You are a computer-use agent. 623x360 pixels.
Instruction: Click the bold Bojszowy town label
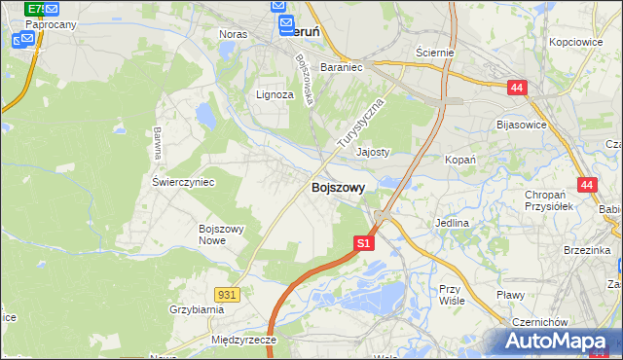(x=338, y=189)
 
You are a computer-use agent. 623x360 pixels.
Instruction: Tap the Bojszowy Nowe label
(x=220, y=234)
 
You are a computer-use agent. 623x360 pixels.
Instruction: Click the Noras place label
(x=234, y=33)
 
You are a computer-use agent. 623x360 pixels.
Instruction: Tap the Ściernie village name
(x=434, y=52)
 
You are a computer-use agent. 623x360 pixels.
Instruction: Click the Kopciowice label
(x=578, y=43)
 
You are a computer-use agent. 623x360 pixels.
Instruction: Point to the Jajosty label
(x=373, y=153)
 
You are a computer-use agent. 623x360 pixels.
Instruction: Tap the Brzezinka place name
(x=586, y=250)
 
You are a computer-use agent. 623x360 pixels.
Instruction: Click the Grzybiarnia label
(x=196, y=309)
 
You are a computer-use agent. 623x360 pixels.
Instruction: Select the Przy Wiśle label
(x=450, y=295)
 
